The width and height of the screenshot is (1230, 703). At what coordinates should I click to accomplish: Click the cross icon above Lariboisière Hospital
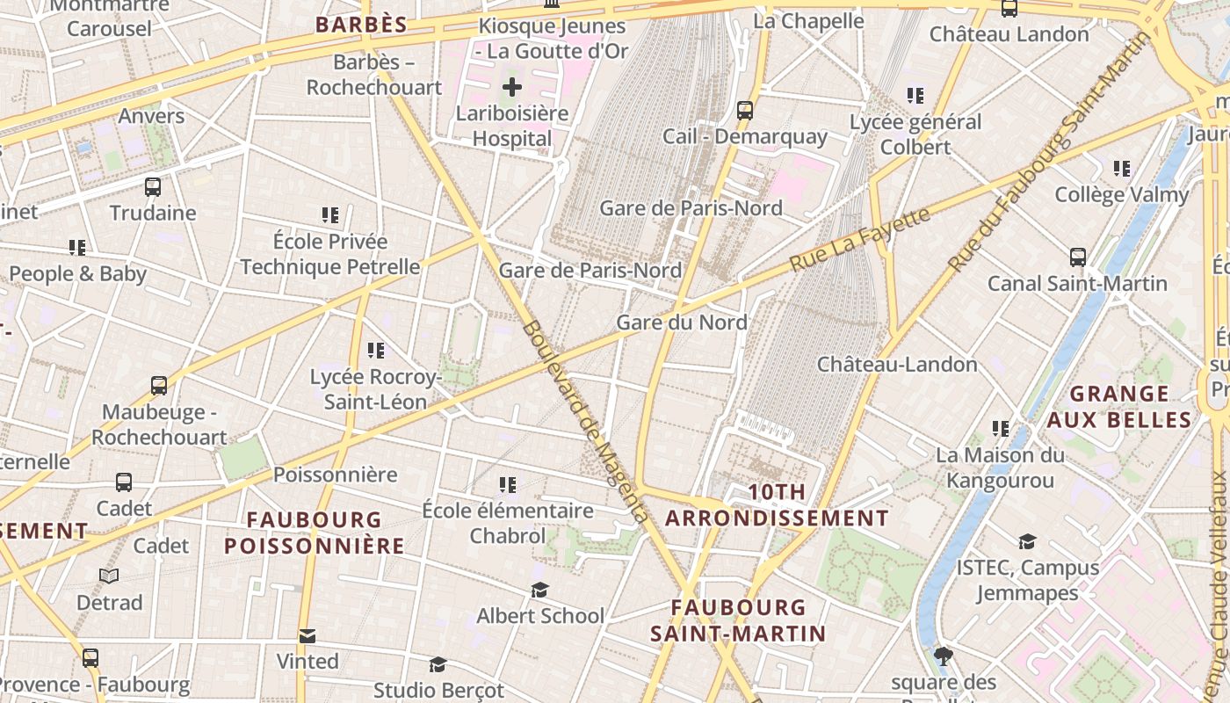coord(512,87)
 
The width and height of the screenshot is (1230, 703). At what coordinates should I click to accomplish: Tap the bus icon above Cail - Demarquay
coord(745,111)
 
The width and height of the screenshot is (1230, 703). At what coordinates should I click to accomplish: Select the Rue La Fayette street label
coord(859,240)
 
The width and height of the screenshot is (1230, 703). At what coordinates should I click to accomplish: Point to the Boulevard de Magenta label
coord(585,423)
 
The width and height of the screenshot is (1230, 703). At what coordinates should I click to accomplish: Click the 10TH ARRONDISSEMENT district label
coord(777,505)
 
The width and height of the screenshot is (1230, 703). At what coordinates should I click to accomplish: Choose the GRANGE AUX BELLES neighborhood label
coord(1118,406)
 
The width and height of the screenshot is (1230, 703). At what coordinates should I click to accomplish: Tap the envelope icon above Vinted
coord(307,635)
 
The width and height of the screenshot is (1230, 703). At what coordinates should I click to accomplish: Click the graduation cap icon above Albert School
coord(539,591)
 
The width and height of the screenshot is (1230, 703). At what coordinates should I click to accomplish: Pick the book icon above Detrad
coord(109,576)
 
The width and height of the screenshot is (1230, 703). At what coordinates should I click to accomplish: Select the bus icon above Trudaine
coord(153,187)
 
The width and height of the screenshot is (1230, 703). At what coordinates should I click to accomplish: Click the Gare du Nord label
coord(682,323)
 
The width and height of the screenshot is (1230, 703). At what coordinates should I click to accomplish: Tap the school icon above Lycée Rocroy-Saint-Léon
coord(376,351)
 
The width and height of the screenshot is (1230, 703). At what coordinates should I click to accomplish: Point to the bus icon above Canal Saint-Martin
coord(1078,257)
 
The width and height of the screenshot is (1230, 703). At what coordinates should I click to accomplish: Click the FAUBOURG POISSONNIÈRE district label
coord(314,533)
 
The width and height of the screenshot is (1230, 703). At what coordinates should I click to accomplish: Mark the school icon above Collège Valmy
coord(1121,169)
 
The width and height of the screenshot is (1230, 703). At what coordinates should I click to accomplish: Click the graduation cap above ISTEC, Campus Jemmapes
coord(1027,542)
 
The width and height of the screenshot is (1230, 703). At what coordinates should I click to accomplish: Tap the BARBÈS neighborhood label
coord(361,25)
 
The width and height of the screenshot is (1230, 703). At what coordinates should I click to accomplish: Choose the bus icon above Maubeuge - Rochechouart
coord(159,386)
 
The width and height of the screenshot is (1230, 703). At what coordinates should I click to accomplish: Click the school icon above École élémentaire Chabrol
coord(507,485)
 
